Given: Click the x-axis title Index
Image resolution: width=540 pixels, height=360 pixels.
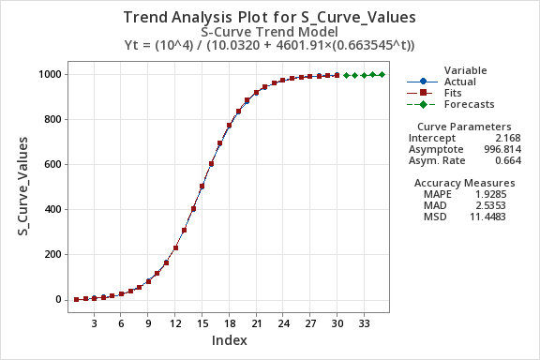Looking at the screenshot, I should point(229,339).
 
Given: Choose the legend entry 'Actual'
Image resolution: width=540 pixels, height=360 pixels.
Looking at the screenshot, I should point(459,82).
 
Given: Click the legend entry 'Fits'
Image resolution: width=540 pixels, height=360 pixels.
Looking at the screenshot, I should point(454,93).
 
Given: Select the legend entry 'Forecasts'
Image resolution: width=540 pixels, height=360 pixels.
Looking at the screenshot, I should point(469,104).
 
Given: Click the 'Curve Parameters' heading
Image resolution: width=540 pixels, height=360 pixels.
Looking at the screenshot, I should point(463,127).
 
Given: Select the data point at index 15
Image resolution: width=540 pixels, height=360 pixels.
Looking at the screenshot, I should point(202,187).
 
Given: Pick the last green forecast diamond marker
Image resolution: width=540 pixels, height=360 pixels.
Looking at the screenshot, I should point(382,74).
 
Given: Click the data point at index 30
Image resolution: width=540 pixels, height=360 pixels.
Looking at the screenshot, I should point(337,75).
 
